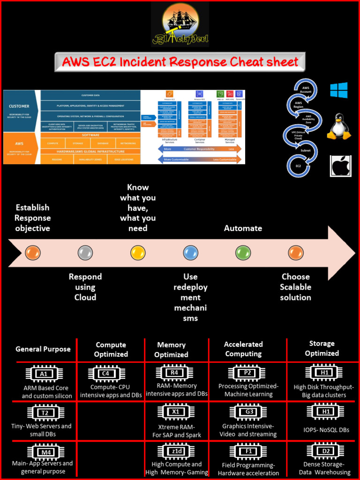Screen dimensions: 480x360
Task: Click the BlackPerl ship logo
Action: [180, 24]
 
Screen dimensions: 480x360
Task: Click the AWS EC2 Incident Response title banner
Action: [180, 62]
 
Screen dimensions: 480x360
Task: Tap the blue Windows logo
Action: [339, 90]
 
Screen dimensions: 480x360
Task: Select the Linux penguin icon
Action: [338, 127]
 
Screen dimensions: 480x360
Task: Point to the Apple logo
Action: [341, 166]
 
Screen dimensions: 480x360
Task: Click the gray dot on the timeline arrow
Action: [85, 253]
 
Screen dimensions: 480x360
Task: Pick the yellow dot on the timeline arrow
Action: [138, 253]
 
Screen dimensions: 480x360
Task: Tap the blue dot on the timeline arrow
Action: [190, 253]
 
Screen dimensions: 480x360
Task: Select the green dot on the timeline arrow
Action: [243, 253]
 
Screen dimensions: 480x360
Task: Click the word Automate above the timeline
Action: [243, 228]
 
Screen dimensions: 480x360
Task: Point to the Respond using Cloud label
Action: [85, 287]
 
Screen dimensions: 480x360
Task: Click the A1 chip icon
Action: [44, 374]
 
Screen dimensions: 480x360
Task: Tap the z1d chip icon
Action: [176, 451]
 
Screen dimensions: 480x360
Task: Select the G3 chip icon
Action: [249, 412]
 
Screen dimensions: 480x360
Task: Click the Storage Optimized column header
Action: [322, 348]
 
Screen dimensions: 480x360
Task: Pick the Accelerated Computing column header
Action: [243, 349]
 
